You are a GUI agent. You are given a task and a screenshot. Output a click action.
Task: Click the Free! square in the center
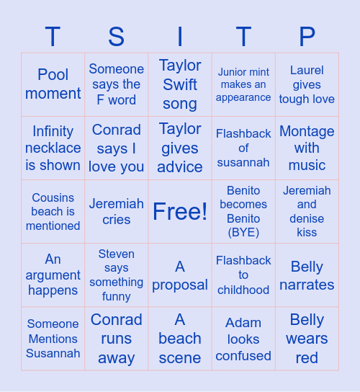[180, 211]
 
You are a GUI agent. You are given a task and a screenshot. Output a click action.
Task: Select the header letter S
[116, 37]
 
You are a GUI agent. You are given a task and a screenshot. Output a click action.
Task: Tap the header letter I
[180, 37]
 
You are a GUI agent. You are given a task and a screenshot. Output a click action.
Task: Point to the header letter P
[307, 37]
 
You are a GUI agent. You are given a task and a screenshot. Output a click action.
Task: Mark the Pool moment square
[53, 84]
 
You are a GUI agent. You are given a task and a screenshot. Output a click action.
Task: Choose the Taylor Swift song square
[180, 84]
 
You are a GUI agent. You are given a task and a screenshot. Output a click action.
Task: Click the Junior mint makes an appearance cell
[243, 84]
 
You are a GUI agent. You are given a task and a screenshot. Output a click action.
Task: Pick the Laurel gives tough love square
[307, 84]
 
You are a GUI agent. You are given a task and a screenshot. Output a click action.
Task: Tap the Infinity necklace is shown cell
[53, 148]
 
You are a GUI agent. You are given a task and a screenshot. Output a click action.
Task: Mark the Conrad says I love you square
[116, 148]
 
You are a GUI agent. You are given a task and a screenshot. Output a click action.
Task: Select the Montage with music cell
[307, 148]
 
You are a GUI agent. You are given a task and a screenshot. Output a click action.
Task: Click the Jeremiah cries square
[116, 211]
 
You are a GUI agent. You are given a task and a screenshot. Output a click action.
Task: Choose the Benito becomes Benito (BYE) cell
[243, 211]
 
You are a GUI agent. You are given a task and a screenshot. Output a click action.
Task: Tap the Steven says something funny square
[116, 275]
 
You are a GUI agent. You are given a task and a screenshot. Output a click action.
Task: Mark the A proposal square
[180, 275]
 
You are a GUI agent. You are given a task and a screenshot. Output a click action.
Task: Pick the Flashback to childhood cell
[243, 275]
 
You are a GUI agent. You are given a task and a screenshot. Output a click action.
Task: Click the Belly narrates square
[307, 275]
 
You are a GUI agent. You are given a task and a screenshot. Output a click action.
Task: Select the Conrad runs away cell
[116, 338]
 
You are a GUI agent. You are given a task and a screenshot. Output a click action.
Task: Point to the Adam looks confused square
[243, 338]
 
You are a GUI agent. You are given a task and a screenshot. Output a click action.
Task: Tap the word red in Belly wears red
[307, 358]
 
